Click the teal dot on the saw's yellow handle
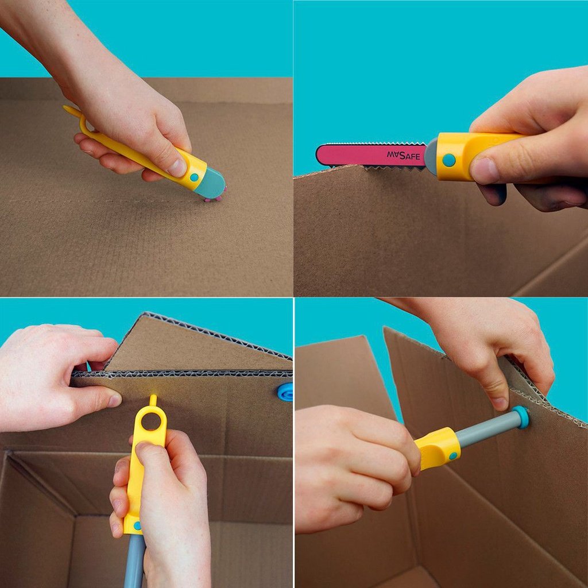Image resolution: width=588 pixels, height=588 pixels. (448, 160)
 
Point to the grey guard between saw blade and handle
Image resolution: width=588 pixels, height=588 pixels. (431, 157)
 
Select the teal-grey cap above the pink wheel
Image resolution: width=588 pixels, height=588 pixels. (210, 183)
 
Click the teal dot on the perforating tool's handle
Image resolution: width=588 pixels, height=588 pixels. (194, 177)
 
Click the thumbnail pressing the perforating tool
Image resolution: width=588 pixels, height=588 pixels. (177, 168)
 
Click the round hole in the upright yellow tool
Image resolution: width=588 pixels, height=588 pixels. (152, 421)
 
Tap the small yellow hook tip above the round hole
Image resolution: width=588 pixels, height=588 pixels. (153, 400)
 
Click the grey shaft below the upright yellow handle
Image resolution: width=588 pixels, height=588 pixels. (135, 560)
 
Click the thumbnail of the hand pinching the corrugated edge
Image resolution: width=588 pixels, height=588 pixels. (114, 400)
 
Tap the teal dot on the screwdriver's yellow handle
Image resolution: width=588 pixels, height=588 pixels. (453, 455)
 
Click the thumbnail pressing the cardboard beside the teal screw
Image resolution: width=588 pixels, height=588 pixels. (500, 404)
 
